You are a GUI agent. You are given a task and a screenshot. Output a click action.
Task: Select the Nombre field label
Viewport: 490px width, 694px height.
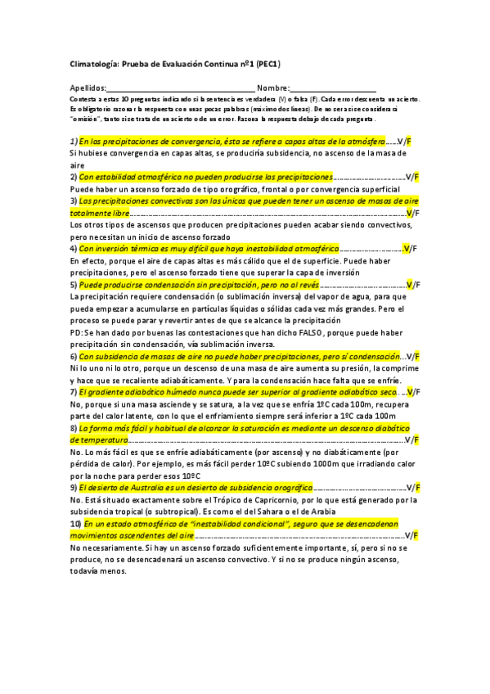point(272,88)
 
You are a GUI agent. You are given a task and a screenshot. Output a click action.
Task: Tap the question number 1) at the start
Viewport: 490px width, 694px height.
point(74,142)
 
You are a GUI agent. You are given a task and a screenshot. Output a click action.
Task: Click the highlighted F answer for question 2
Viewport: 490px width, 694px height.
point(416,177)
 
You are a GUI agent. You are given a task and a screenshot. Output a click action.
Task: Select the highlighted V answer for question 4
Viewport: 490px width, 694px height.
point(408,248)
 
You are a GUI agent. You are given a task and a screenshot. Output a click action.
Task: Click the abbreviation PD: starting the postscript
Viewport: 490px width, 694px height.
point(77,332)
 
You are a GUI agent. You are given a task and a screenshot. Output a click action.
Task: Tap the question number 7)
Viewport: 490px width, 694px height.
point(74,392)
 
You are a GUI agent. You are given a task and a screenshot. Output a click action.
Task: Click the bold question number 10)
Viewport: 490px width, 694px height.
point(76,523)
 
